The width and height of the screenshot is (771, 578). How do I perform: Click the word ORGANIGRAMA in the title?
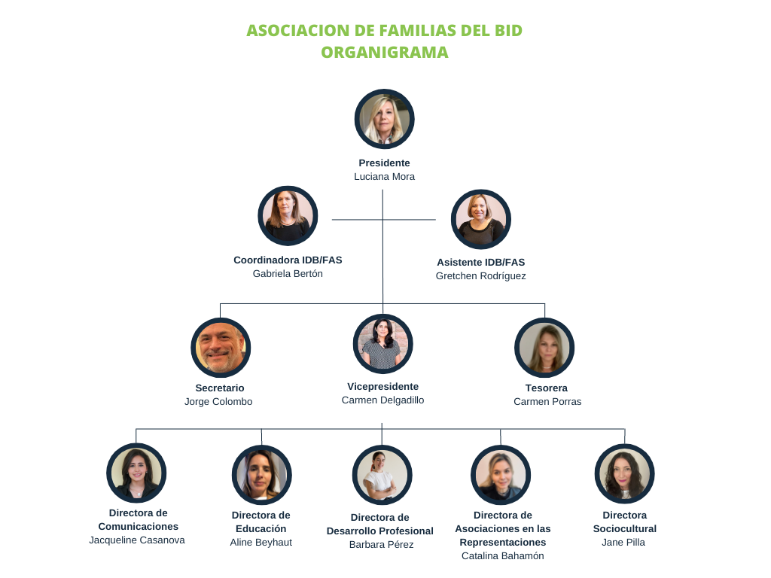coord(384,52)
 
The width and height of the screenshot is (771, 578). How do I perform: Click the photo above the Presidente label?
coord(384,119)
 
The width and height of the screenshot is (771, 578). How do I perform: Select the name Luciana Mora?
coord(384,177)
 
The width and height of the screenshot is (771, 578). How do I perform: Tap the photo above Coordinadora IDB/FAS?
coord(288,216)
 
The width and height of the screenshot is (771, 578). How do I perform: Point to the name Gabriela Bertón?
coord(288,274)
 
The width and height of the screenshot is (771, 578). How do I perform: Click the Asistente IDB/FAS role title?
coord(480,263)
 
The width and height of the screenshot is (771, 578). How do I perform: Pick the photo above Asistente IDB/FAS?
coord(481,219)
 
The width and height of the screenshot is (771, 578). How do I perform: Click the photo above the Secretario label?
coord(221,347)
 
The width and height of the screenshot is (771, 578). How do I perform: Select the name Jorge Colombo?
coord(218,402)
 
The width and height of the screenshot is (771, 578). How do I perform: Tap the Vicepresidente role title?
coord(382,387)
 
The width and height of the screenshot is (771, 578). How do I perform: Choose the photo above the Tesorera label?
coord(544,347)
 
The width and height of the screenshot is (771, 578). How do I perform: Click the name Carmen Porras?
coord(547,402)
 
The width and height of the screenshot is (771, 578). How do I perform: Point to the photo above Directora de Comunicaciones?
coord(136,473)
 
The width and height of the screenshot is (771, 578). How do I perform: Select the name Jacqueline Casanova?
coord(137,540)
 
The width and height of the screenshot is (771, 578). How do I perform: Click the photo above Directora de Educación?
coord(261,474)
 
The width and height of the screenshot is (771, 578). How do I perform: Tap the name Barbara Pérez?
coord(381,545)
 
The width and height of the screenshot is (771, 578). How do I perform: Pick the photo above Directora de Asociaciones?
coord(501,474)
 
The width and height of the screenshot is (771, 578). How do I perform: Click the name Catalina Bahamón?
coord(502,556)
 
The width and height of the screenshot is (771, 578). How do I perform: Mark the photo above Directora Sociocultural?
coord(624,473)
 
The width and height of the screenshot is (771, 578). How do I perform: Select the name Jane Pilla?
coord(623,543)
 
